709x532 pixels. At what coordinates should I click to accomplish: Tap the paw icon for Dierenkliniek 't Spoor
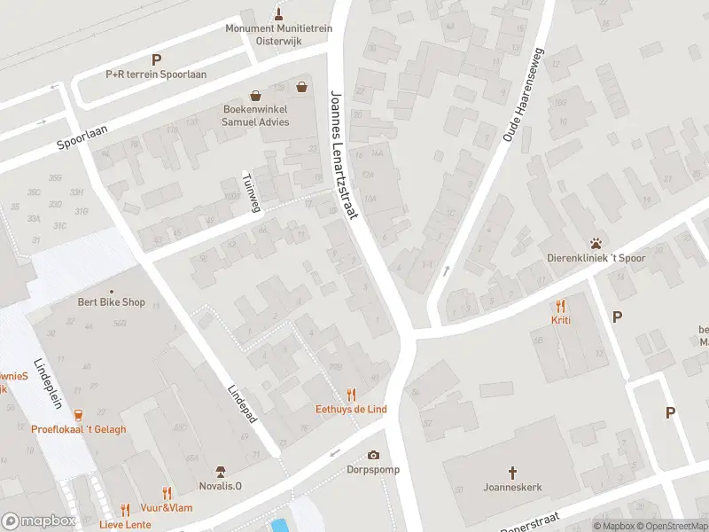point(596,244)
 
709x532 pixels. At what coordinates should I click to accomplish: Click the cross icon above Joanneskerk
point(512,472)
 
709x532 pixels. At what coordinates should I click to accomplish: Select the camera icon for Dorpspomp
point(373,455)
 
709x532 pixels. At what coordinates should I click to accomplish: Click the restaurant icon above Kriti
point(560,306)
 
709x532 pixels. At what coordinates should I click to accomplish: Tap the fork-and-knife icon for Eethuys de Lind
point(352,395)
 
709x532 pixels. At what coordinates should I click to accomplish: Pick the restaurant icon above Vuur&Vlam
point(166,493)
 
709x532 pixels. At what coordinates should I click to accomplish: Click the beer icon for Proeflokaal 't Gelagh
point(78,414)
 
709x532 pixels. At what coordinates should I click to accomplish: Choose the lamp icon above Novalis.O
point(221,472)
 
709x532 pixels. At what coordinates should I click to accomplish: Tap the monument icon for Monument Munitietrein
point(279,13)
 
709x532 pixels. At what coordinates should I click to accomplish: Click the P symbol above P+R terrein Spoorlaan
point(156,60)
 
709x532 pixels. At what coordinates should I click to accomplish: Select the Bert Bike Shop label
point(111,302)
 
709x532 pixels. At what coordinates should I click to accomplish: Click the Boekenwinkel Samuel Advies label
point(255,116)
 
